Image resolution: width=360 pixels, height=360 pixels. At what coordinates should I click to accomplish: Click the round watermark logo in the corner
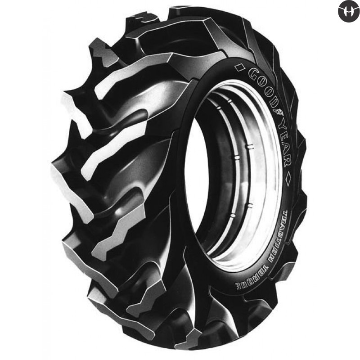click(x=348, y=11)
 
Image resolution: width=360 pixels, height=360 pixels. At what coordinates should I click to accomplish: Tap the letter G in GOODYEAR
click(x=251, y=74)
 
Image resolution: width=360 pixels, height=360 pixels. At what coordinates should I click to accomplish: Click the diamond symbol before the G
click(x=240, y=68)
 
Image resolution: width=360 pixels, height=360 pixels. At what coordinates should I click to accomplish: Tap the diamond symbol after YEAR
click(x=288, y=178)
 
